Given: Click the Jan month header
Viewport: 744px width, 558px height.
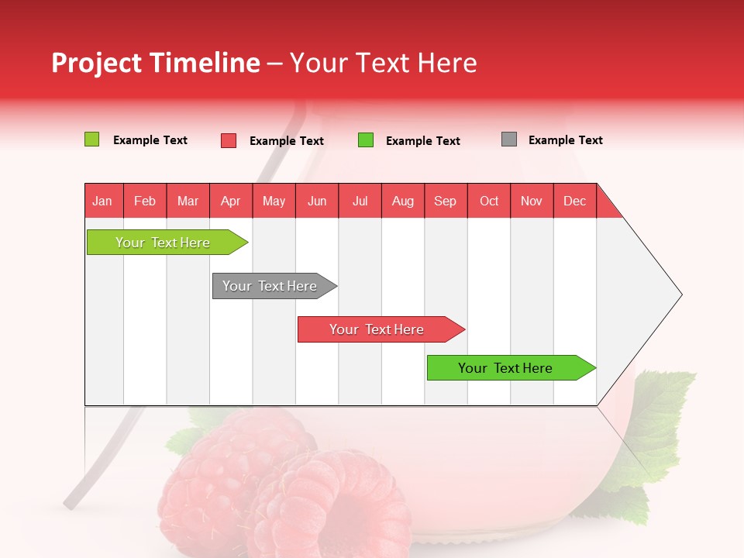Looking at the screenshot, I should coord(103,201).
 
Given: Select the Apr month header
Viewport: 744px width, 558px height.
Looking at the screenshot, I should coord(230,201).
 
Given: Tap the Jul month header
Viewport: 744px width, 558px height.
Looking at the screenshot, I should coord(360,201).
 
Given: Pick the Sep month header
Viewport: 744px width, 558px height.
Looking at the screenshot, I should coord(445,201).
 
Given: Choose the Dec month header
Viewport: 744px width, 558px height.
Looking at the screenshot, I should coord(574,201).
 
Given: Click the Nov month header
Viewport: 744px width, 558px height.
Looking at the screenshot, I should coord(531,201).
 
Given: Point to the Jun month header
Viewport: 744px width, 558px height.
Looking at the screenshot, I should coord(316,201).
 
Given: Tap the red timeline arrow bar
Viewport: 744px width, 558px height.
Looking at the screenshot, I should coord(377,329).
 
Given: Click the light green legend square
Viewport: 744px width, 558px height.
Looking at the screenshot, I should coord(91,139).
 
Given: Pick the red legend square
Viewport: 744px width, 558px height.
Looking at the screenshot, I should coord(228,140).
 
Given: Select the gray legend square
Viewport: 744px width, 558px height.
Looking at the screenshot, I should coord(508,139).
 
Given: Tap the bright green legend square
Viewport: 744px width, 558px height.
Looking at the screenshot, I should coord(365,140).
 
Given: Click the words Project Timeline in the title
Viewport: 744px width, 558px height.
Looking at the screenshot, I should coord(155,63).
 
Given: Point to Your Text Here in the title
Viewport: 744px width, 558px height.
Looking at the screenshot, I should coord(383,63).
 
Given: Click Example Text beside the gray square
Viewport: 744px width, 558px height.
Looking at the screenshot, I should coord(565,140).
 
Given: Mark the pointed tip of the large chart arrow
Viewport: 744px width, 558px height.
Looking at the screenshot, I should coord(680,294).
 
